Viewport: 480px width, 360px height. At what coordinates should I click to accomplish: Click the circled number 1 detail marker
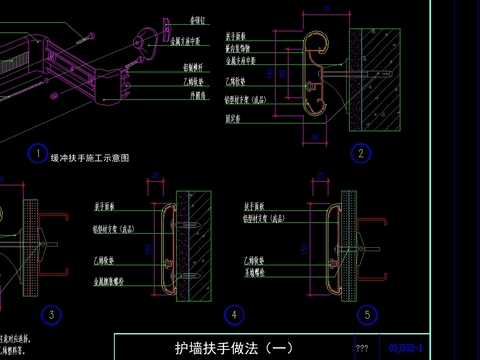tap(35, 154)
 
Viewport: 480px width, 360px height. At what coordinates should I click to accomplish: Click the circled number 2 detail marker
tap(359, 153)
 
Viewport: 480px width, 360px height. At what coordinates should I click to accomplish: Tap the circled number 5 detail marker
tap(369, 314)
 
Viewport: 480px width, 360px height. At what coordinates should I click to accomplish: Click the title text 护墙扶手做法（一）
tap(234, 348)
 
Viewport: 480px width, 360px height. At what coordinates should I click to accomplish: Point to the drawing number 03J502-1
tap(407, 348)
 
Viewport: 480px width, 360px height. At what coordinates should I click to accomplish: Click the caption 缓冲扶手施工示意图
tap(90, 158)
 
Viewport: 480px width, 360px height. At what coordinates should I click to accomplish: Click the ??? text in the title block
tap(362, 349)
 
